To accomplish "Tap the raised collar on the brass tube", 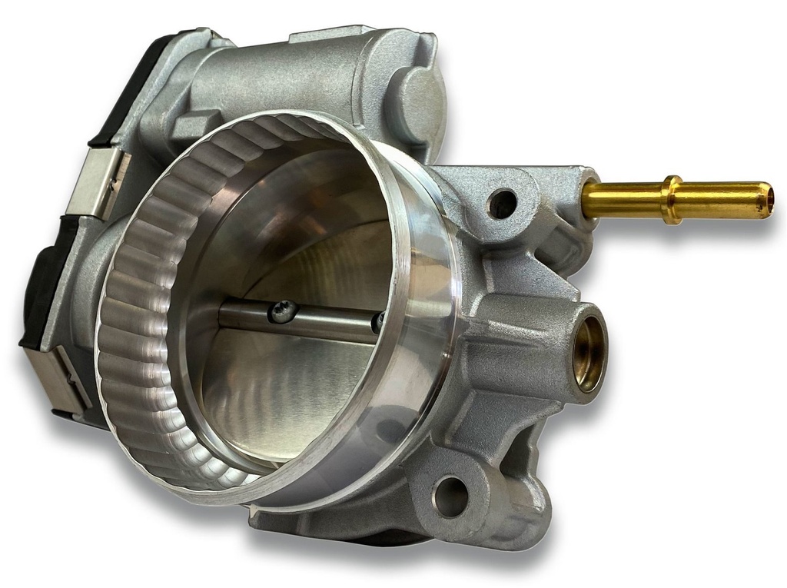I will point(673,200).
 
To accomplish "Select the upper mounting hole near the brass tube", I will point(503,204).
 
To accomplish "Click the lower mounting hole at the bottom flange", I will point(451,496).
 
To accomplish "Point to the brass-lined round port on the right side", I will point(589,353).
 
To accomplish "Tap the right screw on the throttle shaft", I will point(378,322).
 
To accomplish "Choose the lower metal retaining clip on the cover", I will point(58,377).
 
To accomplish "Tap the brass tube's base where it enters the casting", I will point(589,198).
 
